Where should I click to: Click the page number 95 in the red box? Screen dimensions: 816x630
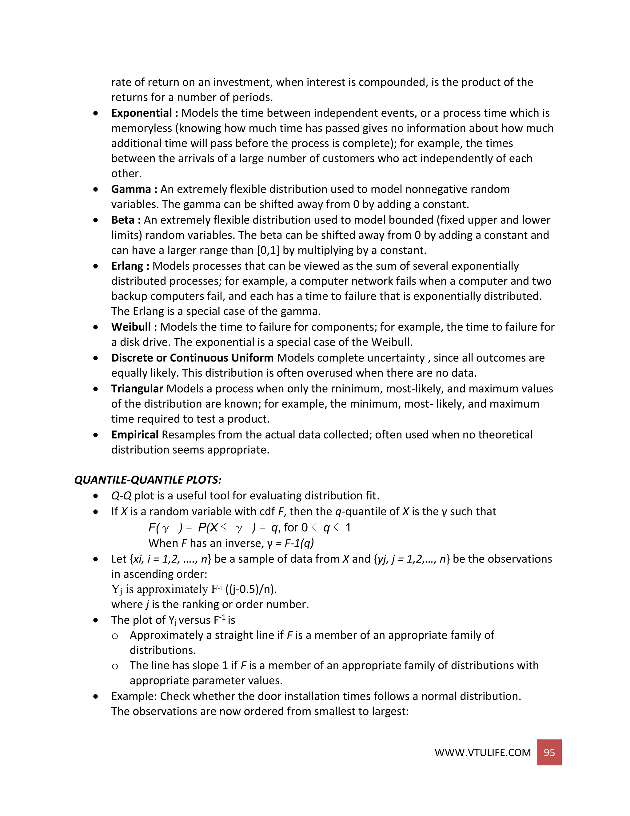click(x=549, y=752)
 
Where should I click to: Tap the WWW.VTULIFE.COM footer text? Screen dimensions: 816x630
click(x=482, y=753)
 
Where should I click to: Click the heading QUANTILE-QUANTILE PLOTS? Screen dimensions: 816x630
click(x=148, y=480)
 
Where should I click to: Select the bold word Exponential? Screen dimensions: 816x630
click(x=142, y=113)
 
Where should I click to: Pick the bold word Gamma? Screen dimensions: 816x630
click(x=131, y=189)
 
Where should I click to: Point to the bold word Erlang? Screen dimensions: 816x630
click(x=127, y=266)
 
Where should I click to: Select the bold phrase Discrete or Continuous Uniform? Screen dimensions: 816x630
click(x=192, y=358)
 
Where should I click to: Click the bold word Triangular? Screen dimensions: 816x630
click(x=137, y=389)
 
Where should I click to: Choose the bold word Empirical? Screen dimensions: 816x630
click(x=135, y=434)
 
